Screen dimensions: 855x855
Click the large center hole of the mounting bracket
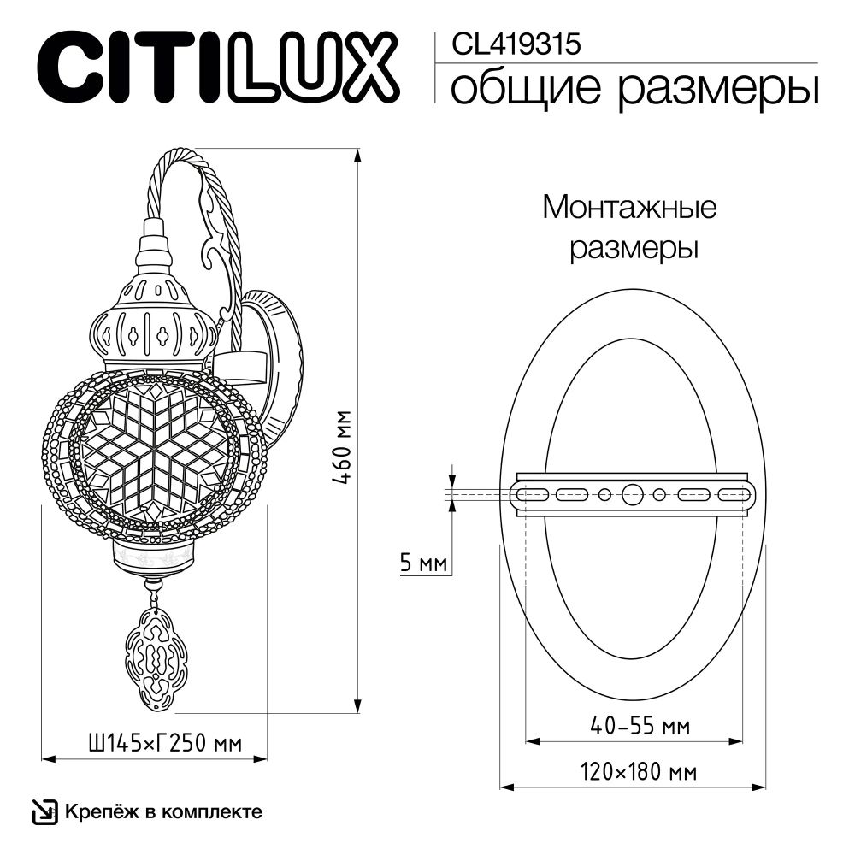click(634, 494)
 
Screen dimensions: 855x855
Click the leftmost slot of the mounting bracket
click(531, 494)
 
